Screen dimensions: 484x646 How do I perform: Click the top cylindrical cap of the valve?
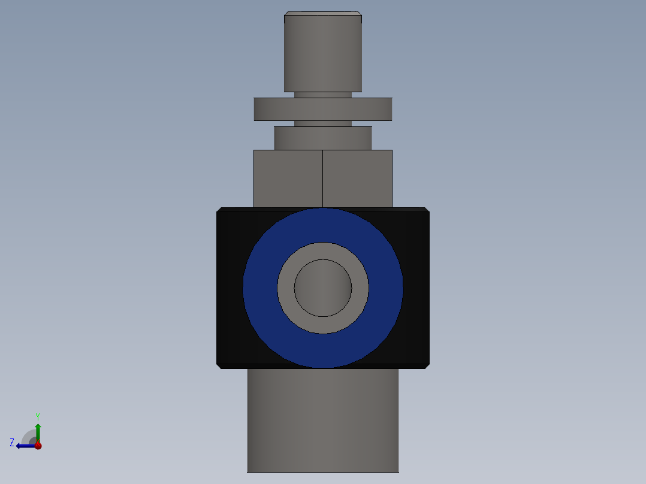[x=322, y=53]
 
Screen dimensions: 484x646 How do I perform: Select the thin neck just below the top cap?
[x=322, y=95]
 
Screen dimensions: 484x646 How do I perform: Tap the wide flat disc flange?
[x=322, y=109]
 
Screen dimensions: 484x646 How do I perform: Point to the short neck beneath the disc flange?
[x=322, y=123]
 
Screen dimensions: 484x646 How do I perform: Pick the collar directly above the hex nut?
[x=322, y=138]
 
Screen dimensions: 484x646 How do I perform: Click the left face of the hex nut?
[x=288, y=178]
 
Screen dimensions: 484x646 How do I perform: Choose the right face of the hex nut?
[x=357, y=178]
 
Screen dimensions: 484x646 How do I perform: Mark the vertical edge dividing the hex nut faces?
[x=323, y=178]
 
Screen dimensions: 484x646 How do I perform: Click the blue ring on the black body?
[x=260, y=288]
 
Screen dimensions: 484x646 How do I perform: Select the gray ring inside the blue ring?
[x=285, y=288]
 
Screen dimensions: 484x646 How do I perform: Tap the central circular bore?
[x=323, y=288]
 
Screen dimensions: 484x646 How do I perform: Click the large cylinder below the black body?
[x=322, y=419]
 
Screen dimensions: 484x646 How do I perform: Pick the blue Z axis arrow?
[x=24, y=446]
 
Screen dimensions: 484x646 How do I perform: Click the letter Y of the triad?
[x=37, y=416]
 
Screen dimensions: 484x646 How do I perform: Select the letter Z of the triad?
[x=12, y=443]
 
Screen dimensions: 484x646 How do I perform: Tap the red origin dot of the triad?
[x=38, y=446]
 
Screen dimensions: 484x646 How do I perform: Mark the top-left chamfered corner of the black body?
[x=219, y=210]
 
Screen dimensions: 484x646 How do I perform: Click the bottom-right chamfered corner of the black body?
[x=427, y=365]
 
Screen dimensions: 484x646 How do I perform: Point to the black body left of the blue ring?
[x=230, y=288]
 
